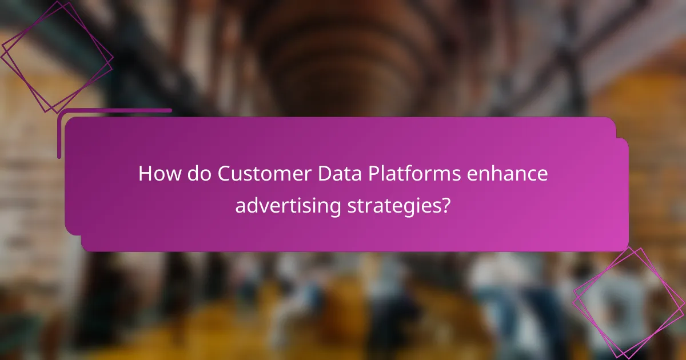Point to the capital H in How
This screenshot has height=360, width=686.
pos(145,174)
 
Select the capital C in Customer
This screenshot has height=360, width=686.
pos(224,174)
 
